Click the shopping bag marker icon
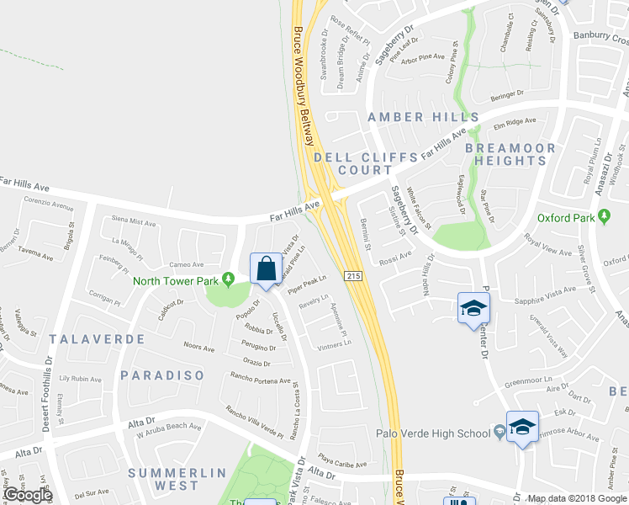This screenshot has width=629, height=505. pyautogui.click(x=267, y=269)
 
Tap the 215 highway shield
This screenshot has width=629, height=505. pyautogui.click(x=352, y=276)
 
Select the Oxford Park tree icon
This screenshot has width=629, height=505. pyautogui.click(x=604, y=218)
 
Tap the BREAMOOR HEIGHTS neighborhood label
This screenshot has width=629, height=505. pyautogui.click(x=510, y=154)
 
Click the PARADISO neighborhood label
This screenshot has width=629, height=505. pyautogui.click(x=162, y=375)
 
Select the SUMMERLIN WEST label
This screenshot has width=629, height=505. pyautogui.click(x=176, y=479)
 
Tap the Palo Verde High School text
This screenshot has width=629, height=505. pyautogui.click(x=433, y=434)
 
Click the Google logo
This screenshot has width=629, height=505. pyautogui.click(x=28, y=495)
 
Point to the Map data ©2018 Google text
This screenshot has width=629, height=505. pyautogui.click(x=578, y=498)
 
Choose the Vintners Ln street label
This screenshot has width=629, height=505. pyautogui.click(x=334, y=345)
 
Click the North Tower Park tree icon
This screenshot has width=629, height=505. pyautogui.click(x=226, y=280)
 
